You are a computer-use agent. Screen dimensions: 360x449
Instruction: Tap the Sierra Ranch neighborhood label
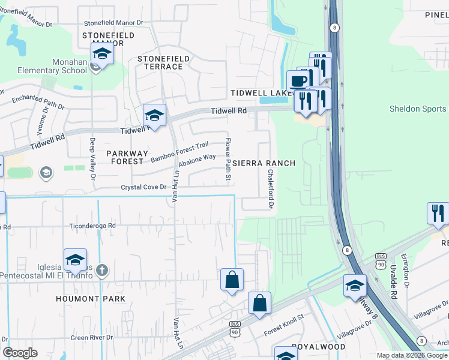tap(264, 163)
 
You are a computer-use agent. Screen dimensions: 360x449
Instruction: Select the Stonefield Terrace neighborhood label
tap(163, 62)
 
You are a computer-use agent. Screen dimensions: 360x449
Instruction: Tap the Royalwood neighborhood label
tap(318, 347)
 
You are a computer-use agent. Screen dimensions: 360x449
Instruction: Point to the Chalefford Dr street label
tap(271, 188)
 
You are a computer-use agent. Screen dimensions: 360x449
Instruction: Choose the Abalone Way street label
tap(197, 160)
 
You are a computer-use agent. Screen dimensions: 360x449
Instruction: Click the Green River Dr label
tap(92, 338)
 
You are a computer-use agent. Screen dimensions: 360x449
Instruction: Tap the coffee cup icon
tap(298, 81)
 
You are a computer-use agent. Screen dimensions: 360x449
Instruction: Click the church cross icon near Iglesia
tap(101, 269)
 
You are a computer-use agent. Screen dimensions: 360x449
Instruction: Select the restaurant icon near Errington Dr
tap(438, 213)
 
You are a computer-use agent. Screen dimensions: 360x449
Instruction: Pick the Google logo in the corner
tap(20, 353)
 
